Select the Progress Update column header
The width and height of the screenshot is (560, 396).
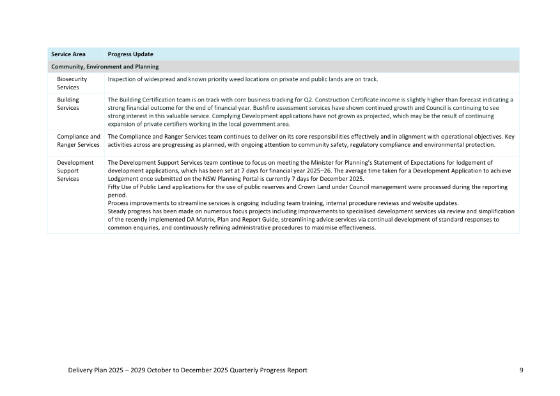[x=130, y=54]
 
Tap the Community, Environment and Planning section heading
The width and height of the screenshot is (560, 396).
[x=105, y=66]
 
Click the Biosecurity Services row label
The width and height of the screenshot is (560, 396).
[x=72, y=83]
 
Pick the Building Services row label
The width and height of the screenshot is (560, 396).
[x=68, y=104]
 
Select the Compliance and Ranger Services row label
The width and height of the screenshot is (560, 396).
[x=78, y=141]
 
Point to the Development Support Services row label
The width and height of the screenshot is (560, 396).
[x=75, y=171]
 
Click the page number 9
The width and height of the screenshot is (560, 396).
[x=521, y=370]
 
